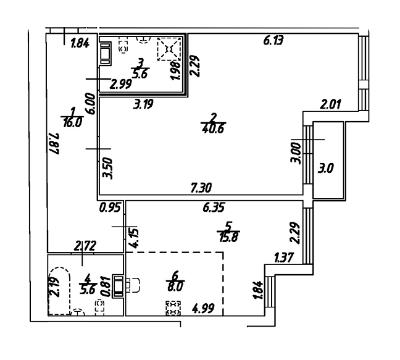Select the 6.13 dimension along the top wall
click(x=273, y=41)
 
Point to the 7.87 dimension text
click(x=54, y=144)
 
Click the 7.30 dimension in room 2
click(x=201, y=188)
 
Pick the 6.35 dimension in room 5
click(x=214, y=207)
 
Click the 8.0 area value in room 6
click(x=175, y=287)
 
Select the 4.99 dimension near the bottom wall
click(x=204, y=308)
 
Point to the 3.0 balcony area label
click(x=325, y=169)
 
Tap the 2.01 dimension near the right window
click(x=331, y=104)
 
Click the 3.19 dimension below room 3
click(x=143, y=104)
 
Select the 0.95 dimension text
click(x=110, y=208)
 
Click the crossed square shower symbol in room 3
click(x=169, y=49)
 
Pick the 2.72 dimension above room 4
click(x=85, y=246)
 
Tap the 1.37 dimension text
click(x=285, y=257)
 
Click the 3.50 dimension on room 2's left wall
click(x=107, y=169)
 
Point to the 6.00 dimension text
click(x=91, y=104)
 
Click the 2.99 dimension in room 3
click(x=120, y=84)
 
